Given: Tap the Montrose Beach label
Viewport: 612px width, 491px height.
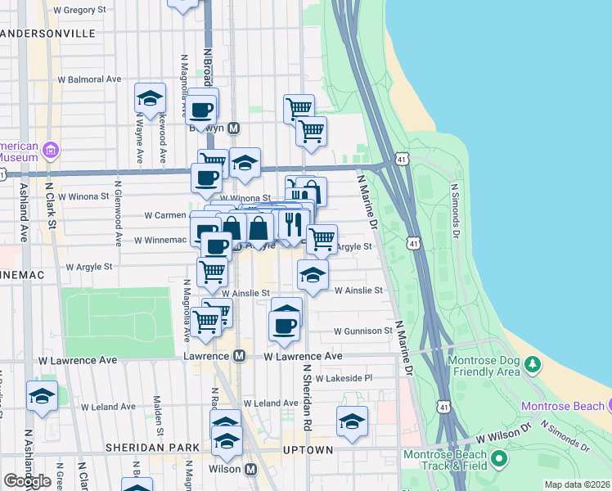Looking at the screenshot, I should (561, 406).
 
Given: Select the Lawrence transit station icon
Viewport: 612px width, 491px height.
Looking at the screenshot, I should (239, 356).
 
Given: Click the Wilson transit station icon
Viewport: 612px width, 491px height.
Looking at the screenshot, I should (250, 469).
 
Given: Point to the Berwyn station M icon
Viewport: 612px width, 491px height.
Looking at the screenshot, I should (234, 128).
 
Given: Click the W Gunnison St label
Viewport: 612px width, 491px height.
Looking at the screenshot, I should (362, 331).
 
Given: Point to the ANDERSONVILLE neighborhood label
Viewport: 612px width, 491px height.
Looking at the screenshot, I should (49, 34).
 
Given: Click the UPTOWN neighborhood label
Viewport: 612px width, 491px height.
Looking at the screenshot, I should (308, 450).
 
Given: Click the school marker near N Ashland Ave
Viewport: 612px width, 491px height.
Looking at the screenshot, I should (42, 396).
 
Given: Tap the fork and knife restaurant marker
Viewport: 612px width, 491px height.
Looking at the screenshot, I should (292, 223).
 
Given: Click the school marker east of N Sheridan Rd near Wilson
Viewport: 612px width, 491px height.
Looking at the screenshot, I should (352, 421).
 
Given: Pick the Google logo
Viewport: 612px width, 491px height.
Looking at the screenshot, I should (27, 481).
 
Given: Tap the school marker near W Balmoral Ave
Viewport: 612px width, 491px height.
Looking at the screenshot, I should (151, 97).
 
